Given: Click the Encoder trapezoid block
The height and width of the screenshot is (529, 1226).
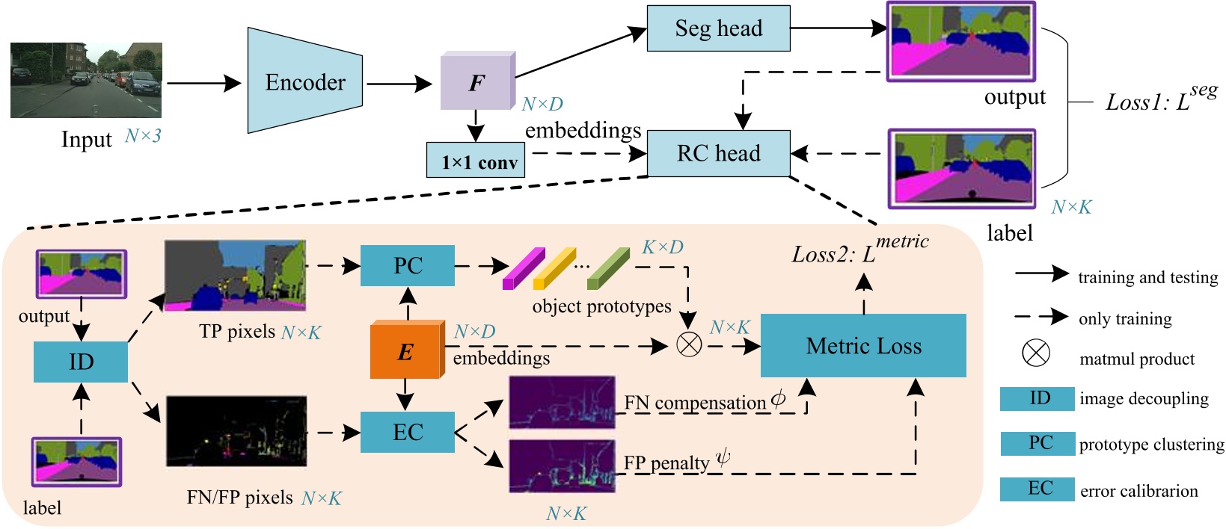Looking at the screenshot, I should pyautogui.click(x=304, y=81).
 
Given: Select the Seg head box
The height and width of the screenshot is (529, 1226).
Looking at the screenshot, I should pyautogui.click(x=718, y=28).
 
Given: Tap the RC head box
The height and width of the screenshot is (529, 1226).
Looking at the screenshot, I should pyautogui.click(x=718, y=153).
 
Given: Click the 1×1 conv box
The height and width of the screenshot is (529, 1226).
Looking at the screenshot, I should pyautogui.click(x=475, y=161).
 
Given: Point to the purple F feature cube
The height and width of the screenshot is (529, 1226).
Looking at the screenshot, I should pyautogui.click(x=476, y=83).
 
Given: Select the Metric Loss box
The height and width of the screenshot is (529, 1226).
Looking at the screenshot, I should pyautogui.click(x=863, y=346).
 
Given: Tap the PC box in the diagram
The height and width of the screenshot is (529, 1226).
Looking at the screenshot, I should pyautogui.click(x=408, y=265).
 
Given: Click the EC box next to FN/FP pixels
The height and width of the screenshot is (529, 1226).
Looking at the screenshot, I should pyautogui.click(x=408, y=432).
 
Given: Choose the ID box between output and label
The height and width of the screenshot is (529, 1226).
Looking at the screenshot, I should pyautogui.click(x=81, y=362).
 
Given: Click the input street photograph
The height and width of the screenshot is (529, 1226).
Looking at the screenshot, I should pyautogui.click(x=86, y=80).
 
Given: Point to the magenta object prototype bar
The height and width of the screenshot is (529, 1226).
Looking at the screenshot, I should pyautogui.click(x=524, y=268).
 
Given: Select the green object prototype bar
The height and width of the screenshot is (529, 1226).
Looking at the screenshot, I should pyautogui.click(x=608, y=268).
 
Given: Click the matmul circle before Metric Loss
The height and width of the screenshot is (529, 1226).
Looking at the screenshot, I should pyautogui.click(x=689, y=344).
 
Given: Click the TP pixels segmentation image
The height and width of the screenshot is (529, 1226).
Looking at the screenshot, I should pyautogui.click(x=235, y=275).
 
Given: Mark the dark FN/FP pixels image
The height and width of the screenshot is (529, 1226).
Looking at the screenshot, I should pyautogui.click(x=236, y=431).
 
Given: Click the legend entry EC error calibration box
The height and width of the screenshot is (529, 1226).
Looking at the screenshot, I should pyautogui.click(x=1037, y=489).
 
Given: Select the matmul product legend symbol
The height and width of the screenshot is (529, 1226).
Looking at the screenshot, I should pyautogui.click(x=1036, y=353).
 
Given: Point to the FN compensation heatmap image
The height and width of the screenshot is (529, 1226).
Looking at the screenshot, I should pyautogui.click(x=562, y=402).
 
